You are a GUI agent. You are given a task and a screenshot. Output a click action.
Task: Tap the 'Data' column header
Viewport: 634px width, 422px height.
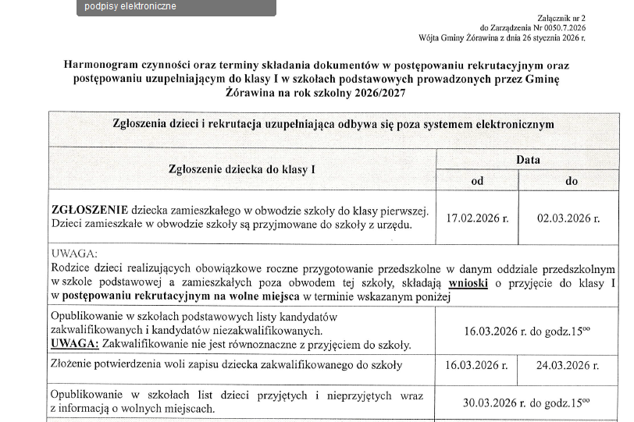528,160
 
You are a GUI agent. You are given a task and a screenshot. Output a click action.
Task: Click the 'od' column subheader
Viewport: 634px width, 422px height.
477,181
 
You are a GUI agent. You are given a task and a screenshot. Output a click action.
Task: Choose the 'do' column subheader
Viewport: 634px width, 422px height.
571,181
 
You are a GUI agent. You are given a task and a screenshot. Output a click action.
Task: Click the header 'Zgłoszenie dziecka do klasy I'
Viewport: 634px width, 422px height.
242,170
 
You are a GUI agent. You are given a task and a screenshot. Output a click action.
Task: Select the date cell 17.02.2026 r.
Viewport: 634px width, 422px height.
477,218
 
